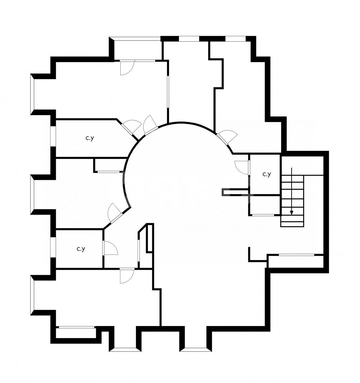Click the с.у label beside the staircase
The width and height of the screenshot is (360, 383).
[x=267, y=175]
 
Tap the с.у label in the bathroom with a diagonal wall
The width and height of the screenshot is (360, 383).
[x=90, y=138]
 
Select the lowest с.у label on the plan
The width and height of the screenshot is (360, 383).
[x=81, y=249]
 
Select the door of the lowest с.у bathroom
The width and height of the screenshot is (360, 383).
[x=110, y=248]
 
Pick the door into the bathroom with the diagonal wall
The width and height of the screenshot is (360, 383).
[x=131, y=127]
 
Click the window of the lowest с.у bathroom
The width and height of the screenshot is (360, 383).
[x=53, y=247]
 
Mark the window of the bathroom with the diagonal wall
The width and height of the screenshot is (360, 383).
[x=53, y=136]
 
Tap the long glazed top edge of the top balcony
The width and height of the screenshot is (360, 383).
[x=135, y=39]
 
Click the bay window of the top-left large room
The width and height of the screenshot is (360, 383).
[x=32, y=94]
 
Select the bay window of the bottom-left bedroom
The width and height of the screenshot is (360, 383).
[x=32, y=295]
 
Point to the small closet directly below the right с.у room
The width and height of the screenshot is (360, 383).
[x=264, y=205]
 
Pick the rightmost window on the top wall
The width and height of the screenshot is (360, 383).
[x=235, y=39]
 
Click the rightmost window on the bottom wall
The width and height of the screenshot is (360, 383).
[x=196, y=349]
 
